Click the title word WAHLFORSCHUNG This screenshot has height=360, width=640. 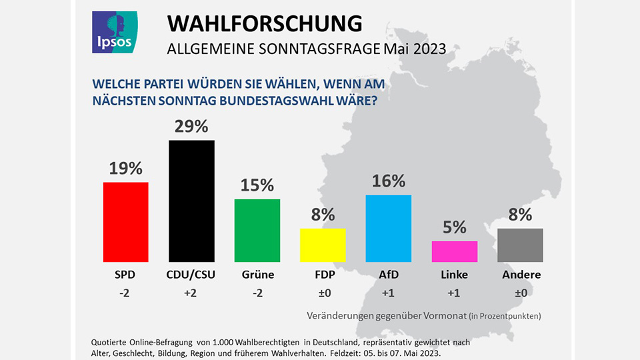(265, 23)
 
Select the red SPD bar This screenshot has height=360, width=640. (125, 222)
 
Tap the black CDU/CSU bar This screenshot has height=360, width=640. (191, 201)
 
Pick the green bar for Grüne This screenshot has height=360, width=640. (257, 231)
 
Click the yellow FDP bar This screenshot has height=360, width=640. (323, 245)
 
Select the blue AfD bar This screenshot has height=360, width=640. (389, 229)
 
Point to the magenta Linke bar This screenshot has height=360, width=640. (455, 251)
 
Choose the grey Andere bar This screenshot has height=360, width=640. (520, 245)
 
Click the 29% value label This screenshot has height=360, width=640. (191, 127)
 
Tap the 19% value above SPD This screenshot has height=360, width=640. (125, 169)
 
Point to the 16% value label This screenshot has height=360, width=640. (389, 181)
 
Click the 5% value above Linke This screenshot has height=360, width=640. (455, 228)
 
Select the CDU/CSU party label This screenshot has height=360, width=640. (191, 275)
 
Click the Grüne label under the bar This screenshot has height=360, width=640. (257, 275)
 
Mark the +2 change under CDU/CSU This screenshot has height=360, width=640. (191, 293)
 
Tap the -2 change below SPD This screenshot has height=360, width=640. (125, 293)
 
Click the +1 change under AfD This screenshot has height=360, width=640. (389, 293)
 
